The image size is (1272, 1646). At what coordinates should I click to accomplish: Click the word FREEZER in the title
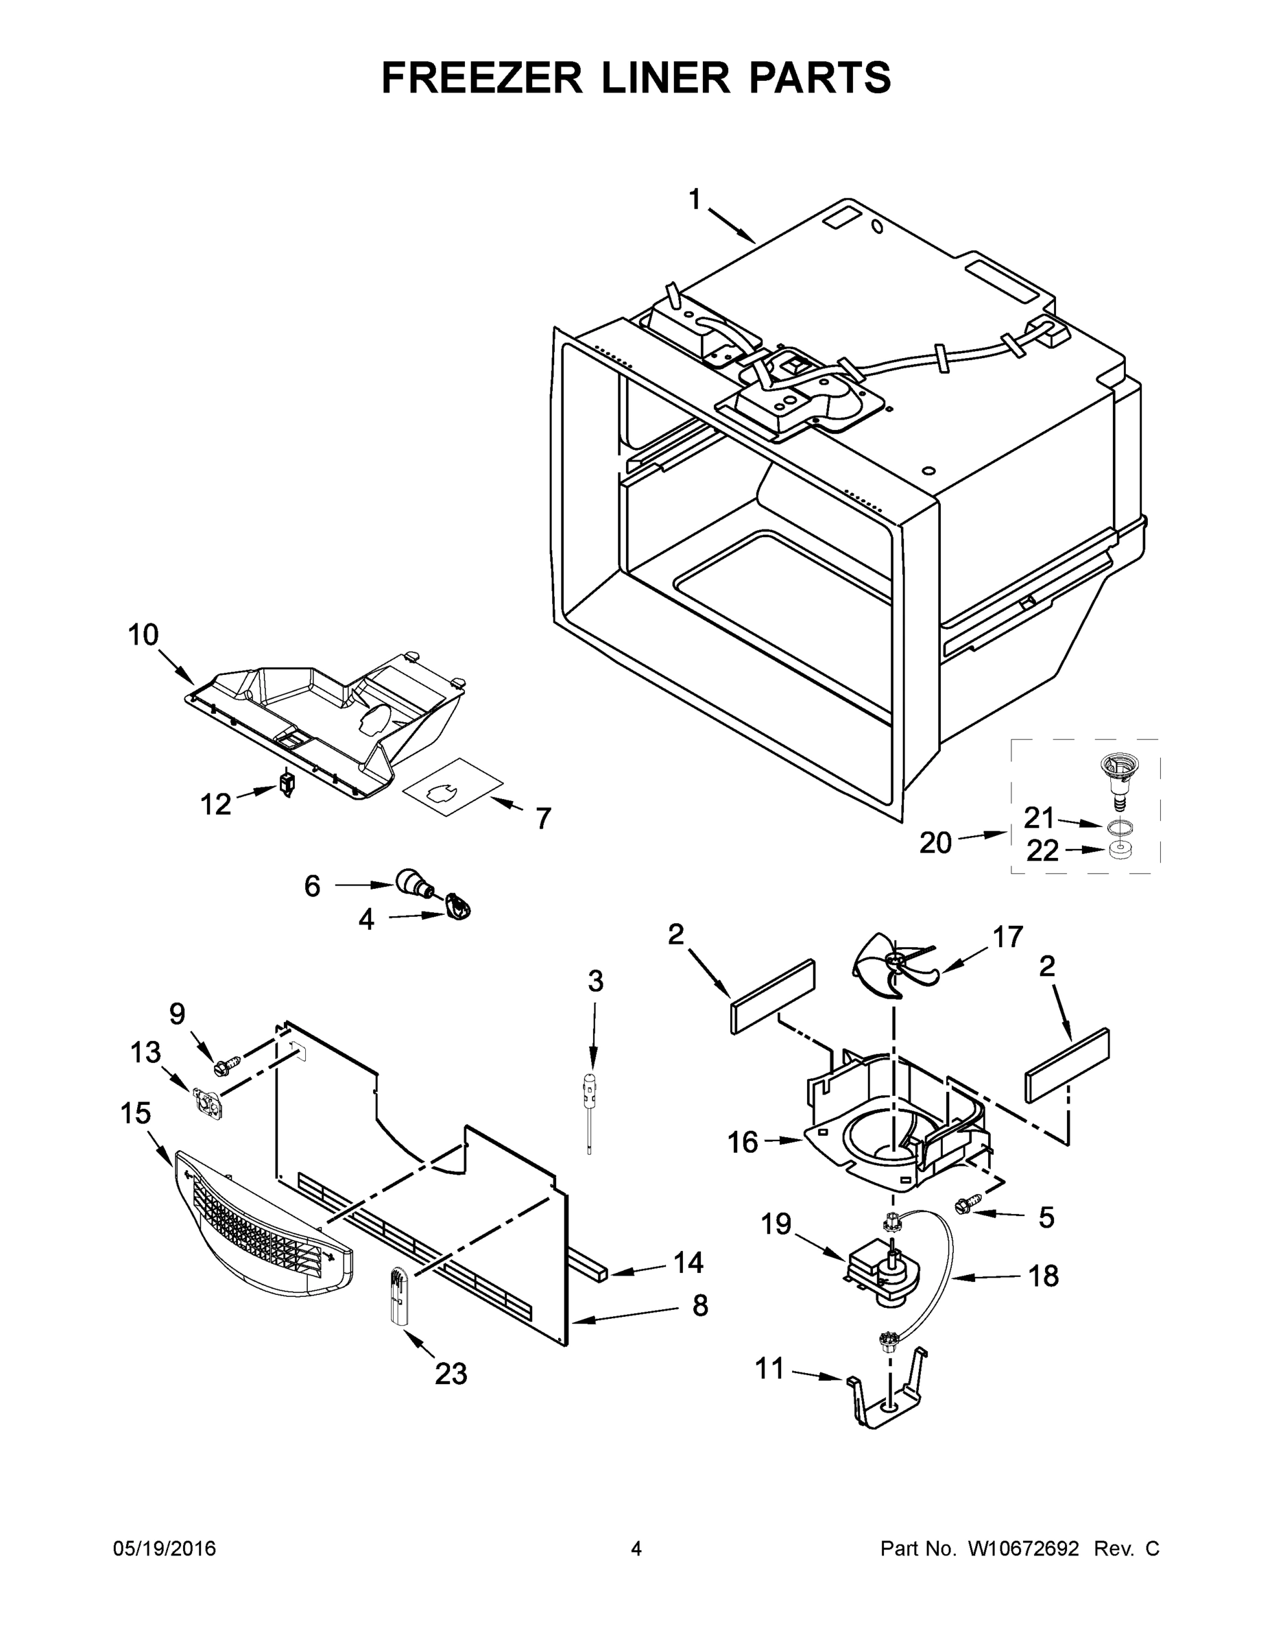pos(482,77)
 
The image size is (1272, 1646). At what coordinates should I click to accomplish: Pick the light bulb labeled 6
pos(412,883)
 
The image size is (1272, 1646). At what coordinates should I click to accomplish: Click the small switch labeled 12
pos(287,784)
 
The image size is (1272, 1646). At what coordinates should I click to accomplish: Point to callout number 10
pos(143,634)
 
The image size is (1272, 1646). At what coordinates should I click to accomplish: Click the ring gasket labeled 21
pos(1120,828)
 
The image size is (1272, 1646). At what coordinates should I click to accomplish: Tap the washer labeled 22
pos(1120,851)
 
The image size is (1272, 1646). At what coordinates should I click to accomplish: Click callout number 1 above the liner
pos(694,200)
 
